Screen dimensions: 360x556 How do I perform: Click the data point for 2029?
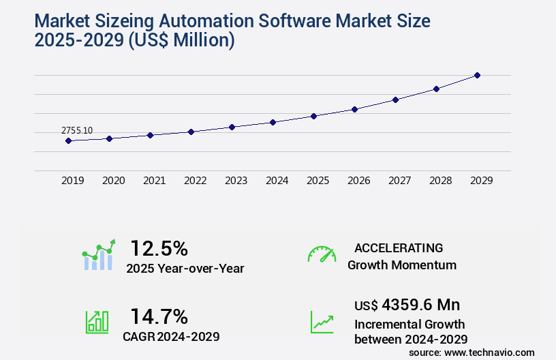[x=477, y=75]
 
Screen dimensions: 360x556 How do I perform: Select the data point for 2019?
[x=68, y=140]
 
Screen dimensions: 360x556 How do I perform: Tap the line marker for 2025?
[x=313, y=116]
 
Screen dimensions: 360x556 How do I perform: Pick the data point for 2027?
[x=395, y=100]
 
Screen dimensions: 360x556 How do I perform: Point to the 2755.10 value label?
[x=77, y=130]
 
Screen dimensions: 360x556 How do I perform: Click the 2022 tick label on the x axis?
[x=195, y=181]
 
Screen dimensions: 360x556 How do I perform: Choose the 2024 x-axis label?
[x=277, y=181]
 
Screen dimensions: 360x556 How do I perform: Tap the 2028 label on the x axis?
[x=440, y=181]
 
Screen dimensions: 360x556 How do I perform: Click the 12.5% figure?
[x=159, y=248]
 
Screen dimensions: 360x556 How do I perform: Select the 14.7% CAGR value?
[x=159, y=316]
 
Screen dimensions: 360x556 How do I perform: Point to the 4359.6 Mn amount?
[x=420, y=305]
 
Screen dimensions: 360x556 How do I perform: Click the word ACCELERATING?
[x=399, y=247]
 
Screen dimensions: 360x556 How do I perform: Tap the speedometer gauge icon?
[x=322, y=254]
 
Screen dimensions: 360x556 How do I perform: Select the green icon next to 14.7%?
[x=97, y=322]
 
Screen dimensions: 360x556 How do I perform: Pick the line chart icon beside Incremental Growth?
[x=322, y=322]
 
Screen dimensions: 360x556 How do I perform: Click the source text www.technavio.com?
[x=489, y=352]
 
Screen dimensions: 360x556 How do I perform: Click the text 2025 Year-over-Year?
[x=185, y=269]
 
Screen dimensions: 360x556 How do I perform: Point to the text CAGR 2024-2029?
[x=171, y=336]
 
